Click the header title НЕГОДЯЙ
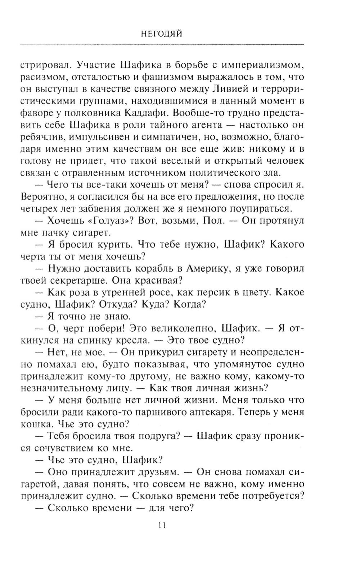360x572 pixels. pyautogui.click(x=161, y=34)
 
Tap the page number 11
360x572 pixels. pyautogui.click(x=161, y=526)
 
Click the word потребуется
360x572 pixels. pyautogui.click(x=273, y=496)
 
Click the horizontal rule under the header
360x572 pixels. pyautogui.click(x=162, y=45)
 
